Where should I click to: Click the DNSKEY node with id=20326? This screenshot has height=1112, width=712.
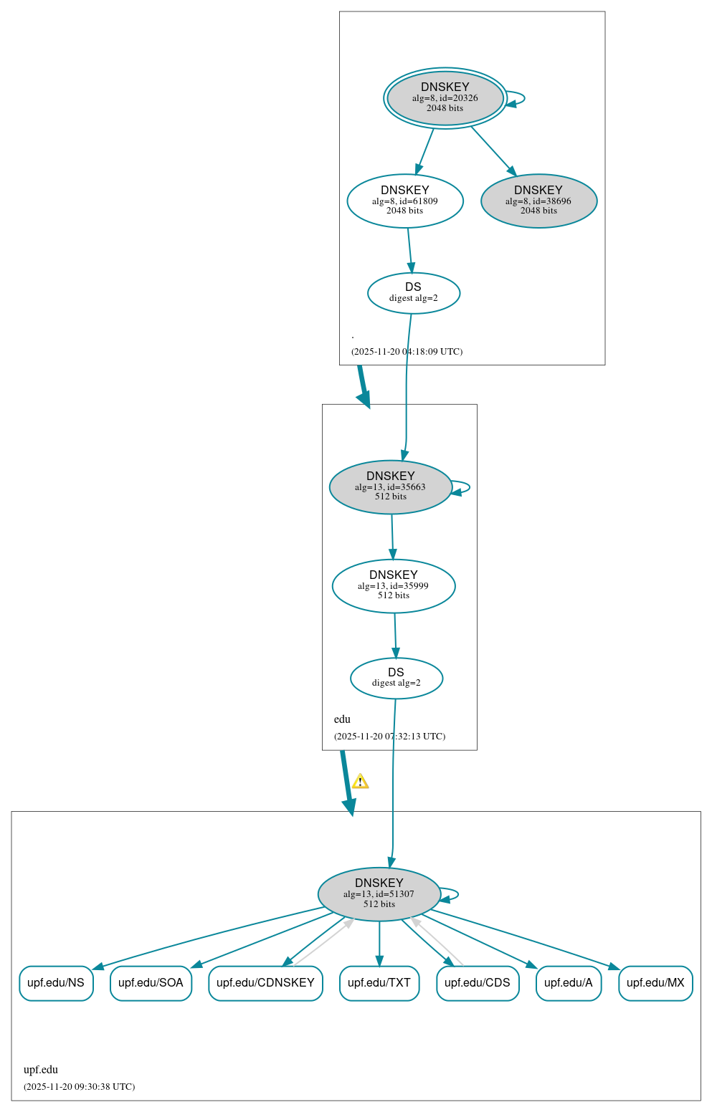click(445, 98)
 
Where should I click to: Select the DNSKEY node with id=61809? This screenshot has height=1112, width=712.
click(405, 201)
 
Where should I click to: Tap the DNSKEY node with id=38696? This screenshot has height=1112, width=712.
click(538, 201)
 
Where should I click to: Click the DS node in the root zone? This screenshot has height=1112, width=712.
click(414, 293)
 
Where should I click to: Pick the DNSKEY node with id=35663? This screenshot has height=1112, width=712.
click(391, 487)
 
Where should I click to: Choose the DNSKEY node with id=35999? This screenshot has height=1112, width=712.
click(394, 586)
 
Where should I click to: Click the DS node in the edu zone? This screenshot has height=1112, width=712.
click(397, 678)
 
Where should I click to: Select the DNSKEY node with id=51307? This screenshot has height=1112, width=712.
click(379, 894)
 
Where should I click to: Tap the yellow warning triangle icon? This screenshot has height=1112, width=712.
click(360, 782)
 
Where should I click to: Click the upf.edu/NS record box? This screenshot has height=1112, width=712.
click(56, 983)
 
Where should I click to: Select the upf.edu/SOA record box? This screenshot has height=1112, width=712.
click(151, 983)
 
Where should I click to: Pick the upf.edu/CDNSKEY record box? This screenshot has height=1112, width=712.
click(265, 983)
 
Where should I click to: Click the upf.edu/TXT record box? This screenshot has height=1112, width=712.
click(379, 983)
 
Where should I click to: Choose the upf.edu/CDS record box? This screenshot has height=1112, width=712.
click(478, 983)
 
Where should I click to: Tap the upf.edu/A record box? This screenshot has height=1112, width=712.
click(569, 983)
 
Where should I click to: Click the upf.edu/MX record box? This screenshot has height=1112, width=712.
click(655, 983)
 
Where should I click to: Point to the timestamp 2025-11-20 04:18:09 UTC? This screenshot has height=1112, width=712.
click(407, 352)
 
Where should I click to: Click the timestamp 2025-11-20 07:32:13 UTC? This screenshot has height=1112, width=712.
click(389, 737)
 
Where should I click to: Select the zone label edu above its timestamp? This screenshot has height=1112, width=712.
click(342, 719)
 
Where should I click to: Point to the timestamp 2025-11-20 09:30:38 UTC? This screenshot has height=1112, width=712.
click(79, 1087)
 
